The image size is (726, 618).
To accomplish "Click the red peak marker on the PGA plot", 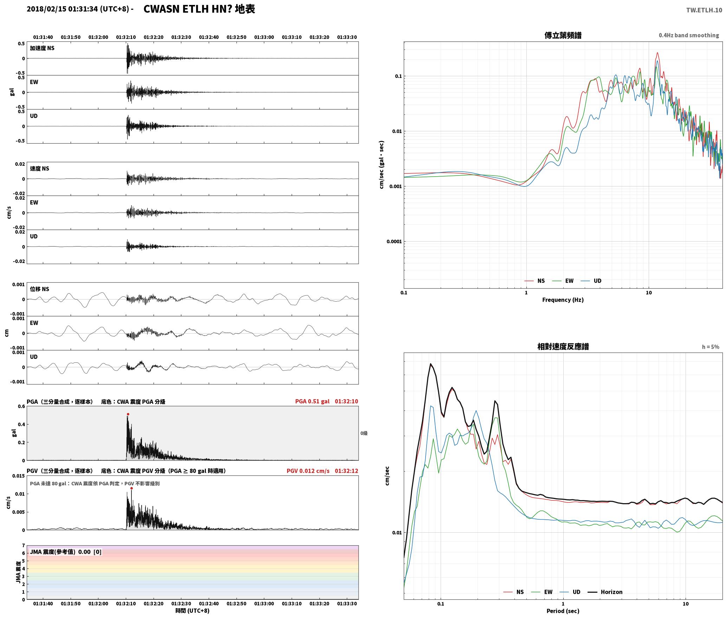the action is click(x=128, y=414).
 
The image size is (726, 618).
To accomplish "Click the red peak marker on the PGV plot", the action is click(x=131, y=488).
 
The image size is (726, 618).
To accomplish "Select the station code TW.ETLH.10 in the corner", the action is click(x=704, y=10).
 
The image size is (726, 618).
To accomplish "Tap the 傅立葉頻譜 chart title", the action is click(x=563, y=35).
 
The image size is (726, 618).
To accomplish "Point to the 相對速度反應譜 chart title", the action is click(x=563, y=347).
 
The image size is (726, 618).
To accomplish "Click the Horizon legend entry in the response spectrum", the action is click(x=605, y=592).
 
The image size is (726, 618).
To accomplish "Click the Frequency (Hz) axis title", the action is click(x=563, y=300).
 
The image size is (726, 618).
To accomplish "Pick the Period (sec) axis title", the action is click(x=563, y=611).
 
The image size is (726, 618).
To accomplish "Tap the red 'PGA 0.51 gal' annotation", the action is click(x=312, y=401).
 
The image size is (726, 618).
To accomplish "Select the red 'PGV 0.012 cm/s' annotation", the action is click(x=308, y=471).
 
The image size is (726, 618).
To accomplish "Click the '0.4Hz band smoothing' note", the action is click(x=689, y=35).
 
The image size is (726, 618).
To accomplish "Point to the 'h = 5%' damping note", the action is click(x=711, y=347).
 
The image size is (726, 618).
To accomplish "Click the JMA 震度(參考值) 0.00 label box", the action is click(x=66, y=552).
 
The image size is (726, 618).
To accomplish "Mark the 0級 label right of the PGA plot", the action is click(x=364, y=433).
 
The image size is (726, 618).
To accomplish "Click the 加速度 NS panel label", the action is click(x=42, y=48).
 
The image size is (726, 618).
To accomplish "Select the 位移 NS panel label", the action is click(x=39, y=289).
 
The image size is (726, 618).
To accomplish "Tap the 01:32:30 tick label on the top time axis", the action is click(x=181, y=37).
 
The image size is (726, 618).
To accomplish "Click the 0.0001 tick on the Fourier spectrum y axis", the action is click(x=394, y=242).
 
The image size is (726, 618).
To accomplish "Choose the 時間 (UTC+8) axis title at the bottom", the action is click(x=193, y=611).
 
